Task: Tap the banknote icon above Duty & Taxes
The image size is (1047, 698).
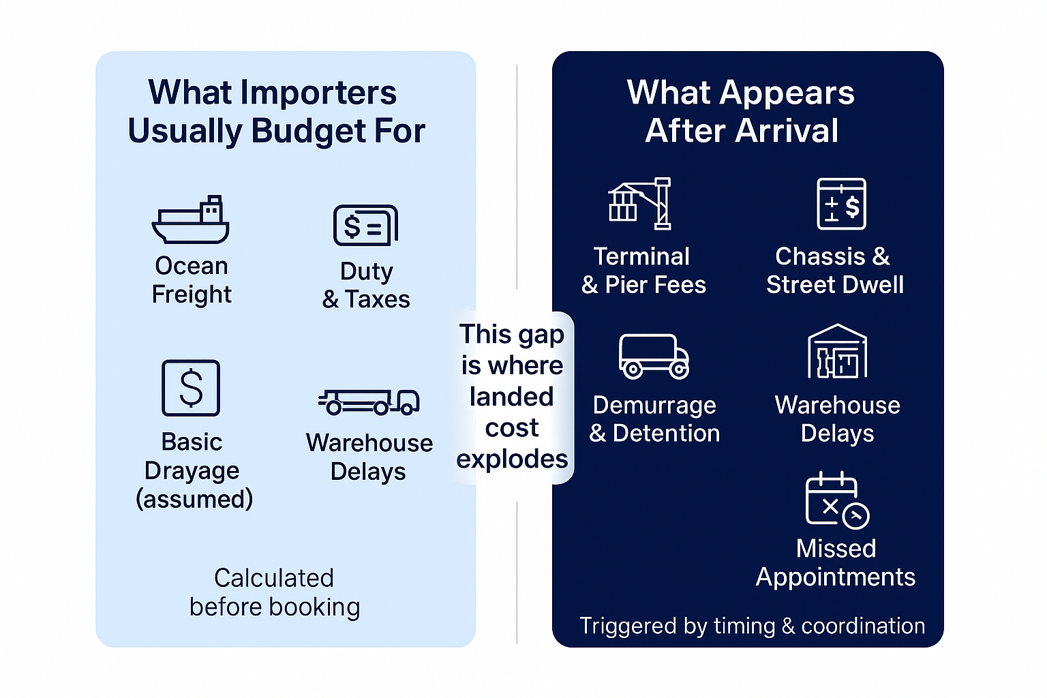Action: point(365,226)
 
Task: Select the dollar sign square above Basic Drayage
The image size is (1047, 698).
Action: point(191,388)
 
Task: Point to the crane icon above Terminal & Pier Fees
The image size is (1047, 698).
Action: point(639,203)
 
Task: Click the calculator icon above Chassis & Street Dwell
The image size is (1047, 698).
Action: point(841,203)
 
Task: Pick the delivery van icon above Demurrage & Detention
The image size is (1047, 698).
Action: point(654,356)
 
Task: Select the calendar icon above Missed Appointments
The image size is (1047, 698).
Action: point(837,500)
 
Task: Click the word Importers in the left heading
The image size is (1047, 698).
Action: point(318,92)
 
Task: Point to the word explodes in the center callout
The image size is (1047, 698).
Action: point(513,459)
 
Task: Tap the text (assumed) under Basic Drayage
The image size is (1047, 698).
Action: point(194,499)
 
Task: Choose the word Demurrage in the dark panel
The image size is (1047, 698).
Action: point(654,405)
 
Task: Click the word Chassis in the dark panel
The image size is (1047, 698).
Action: point(820,256)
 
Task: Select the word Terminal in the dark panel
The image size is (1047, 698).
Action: point(641,256)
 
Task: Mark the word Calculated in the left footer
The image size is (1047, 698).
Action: point(274,578)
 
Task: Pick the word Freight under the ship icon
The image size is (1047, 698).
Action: point(192,294)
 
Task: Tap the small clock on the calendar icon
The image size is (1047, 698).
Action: point(856,516)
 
